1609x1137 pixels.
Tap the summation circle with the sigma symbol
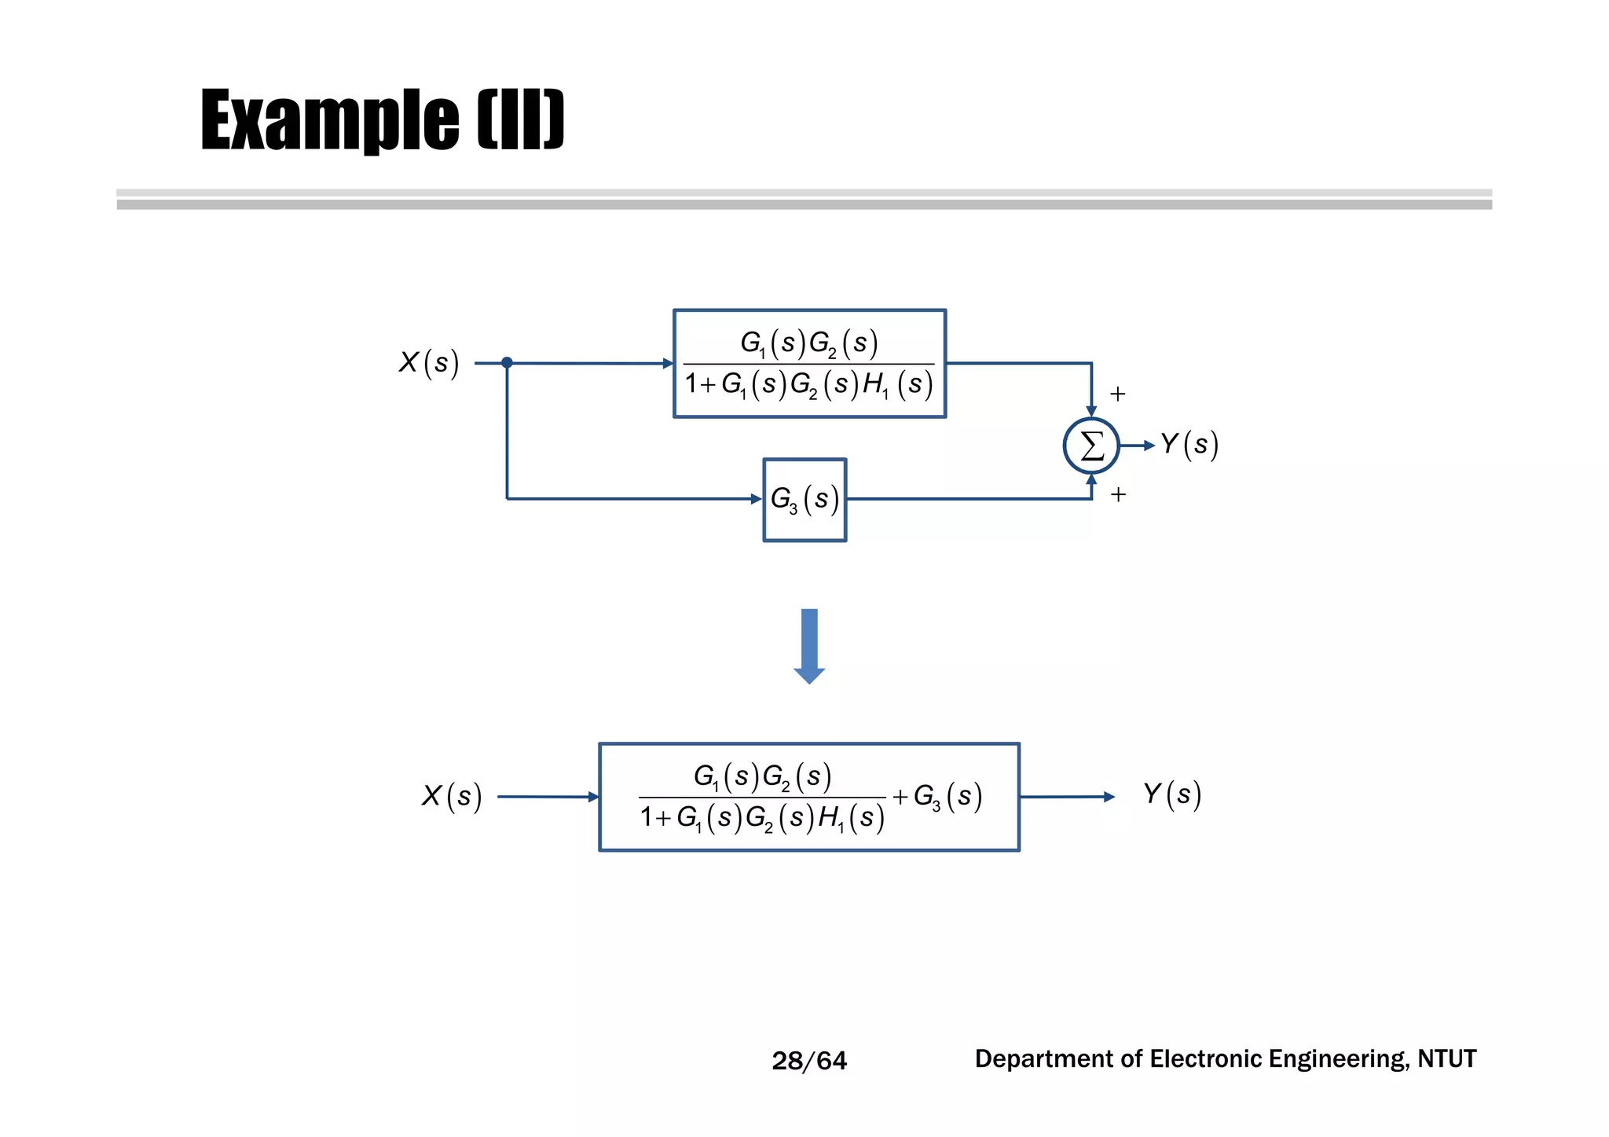[1091, 446]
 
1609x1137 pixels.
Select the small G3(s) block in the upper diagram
[804, 500]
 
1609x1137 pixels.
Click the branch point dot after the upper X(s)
[507, 362]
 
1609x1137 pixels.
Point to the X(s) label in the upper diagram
[428, 363]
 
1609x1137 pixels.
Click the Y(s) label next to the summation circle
[1189, 445]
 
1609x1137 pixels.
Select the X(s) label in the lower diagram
[451, 796]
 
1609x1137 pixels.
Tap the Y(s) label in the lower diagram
[1171, 794]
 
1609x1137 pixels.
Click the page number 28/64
[809, 1061]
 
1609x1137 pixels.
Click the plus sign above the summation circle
[1117, 394]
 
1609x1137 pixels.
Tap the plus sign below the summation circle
[1118, 494]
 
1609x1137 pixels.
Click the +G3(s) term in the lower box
[937, 797]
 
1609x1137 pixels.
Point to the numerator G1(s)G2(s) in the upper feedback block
[808, 343]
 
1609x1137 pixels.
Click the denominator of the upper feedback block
[808, 384]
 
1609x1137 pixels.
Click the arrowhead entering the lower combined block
[593, 797]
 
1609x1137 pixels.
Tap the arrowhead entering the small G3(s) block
[757, 499]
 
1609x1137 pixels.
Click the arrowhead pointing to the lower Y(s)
[1109, 797]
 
